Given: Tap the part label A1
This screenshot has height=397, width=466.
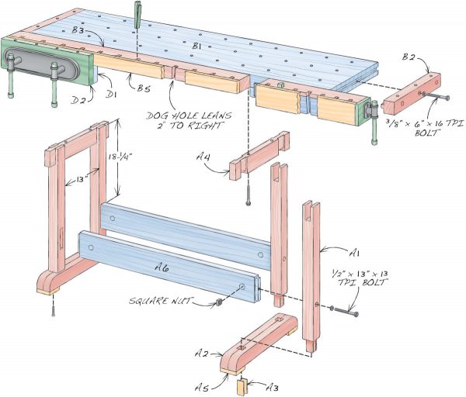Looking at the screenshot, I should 354,252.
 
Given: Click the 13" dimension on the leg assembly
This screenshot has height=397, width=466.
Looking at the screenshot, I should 73,181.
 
